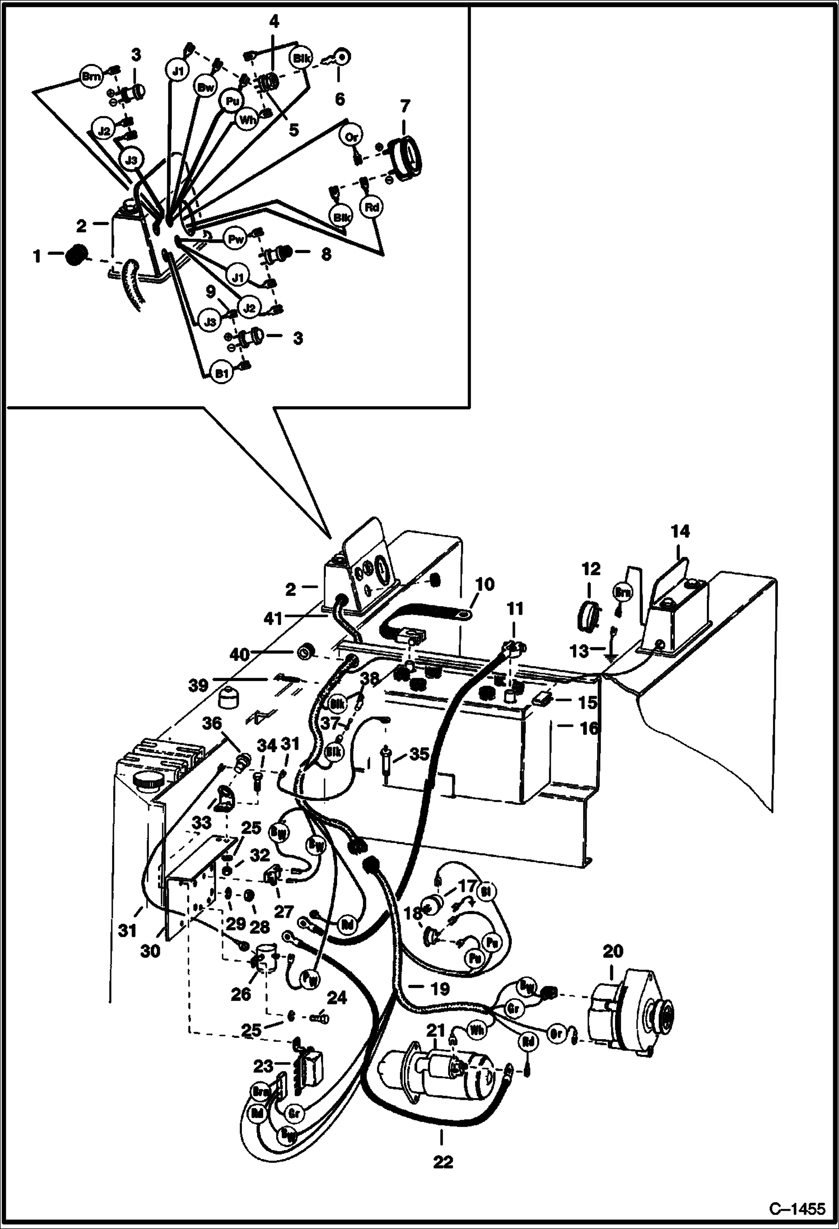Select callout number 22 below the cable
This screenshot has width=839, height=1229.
coord(442,1162)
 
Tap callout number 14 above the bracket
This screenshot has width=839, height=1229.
coord(680,530)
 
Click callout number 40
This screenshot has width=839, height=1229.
coord(240,653)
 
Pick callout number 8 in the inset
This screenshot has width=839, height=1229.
coord(325,254)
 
